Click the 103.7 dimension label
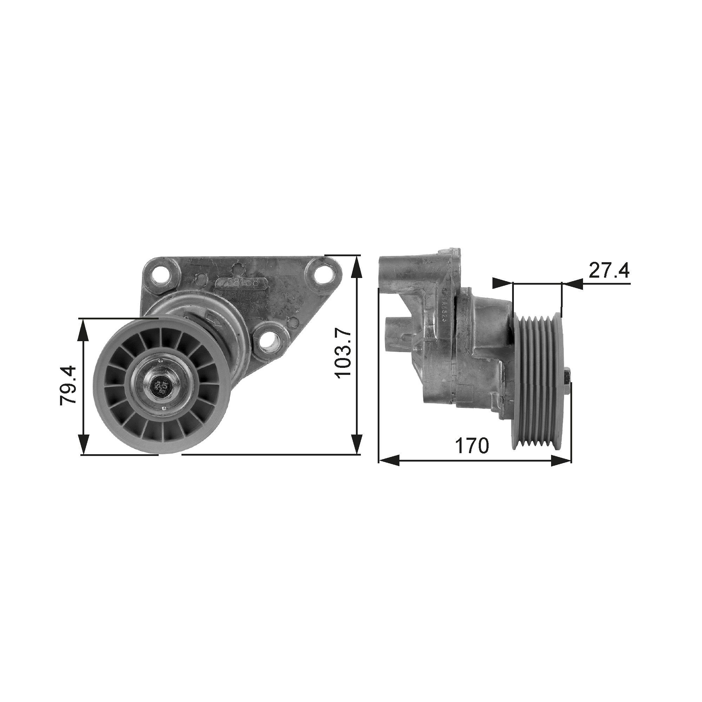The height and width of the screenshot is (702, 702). tap(343, 353)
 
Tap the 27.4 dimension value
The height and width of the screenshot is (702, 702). tap(609, 270)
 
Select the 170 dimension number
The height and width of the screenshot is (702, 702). tap(472, 445)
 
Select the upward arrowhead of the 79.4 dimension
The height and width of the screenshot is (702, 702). tap(84, 329)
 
